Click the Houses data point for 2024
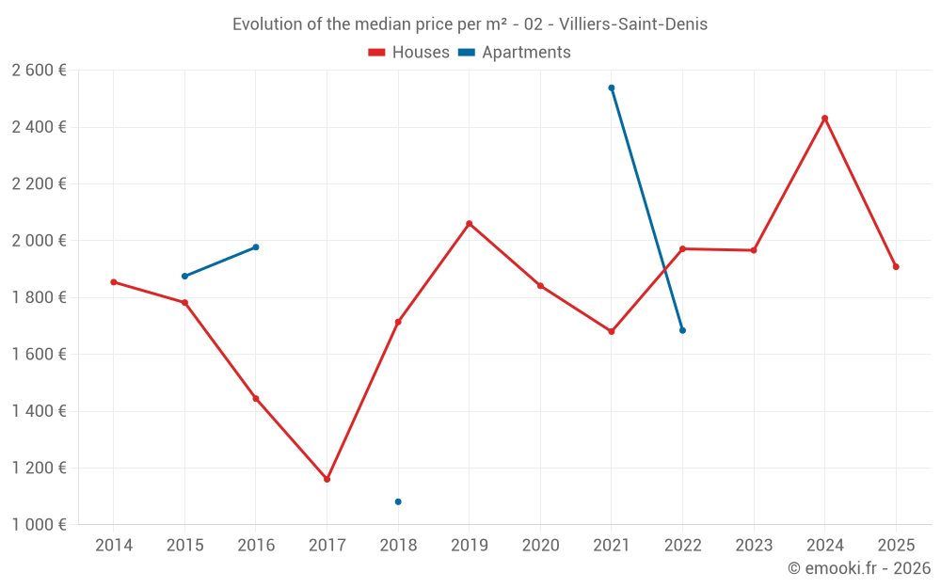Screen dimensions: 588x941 (x=824, y=119)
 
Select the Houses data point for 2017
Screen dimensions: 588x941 (x=327, y=479)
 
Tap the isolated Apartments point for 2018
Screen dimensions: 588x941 (x=398, y=501)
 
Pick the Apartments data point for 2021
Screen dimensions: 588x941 (x=612, y=87)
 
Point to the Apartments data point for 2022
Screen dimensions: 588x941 (x=682, y=330)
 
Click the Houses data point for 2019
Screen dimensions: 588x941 (x=470, y=224)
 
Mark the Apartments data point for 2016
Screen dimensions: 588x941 (x=256, y=247)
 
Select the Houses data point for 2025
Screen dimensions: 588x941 (x=896, y=266)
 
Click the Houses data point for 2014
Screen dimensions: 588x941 (x=114, y=282)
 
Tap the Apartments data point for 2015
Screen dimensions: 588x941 (x=184, y=276)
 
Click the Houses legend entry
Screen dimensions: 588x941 (x=409, y=53)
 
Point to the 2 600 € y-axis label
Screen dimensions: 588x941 (x=39, y=71)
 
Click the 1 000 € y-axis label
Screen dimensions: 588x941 (x=39, y=525)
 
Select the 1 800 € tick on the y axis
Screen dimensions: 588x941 (x=39, y=297)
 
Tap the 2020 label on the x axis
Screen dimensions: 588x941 (x=540, y=546)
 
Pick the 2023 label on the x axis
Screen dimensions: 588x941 (x=754, y=546)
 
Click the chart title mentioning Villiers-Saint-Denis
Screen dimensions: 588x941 (x=470, y=24)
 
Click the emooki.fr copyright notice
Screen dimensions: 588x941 (x=858, y=568)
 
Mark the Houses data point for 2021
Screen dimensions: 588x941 (x=612, y=331)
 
